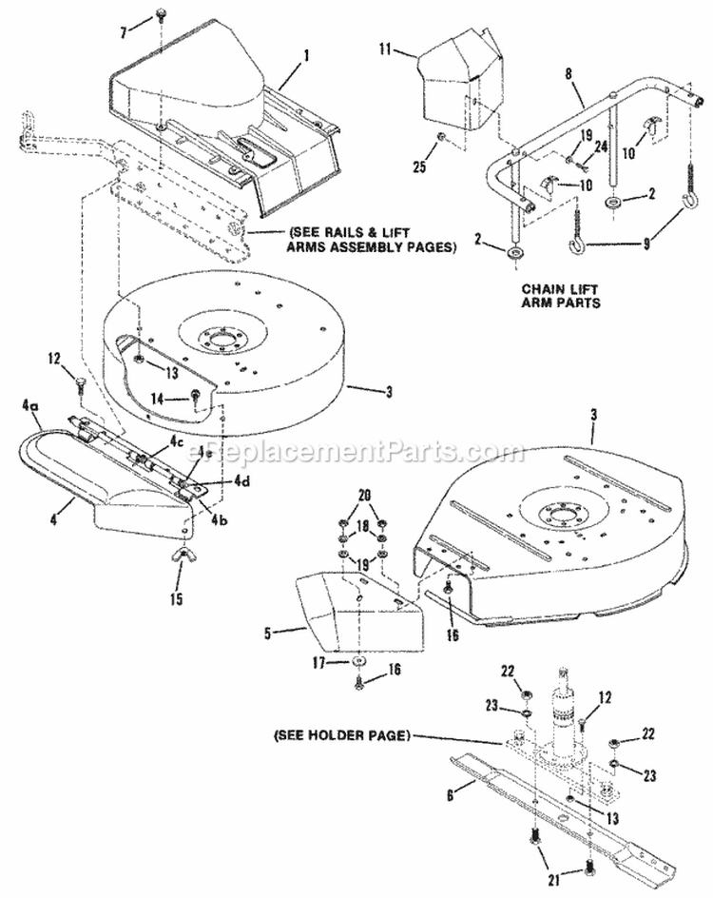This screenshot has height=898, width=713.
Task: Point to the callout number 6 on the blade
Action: click(x=450, y=789)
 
